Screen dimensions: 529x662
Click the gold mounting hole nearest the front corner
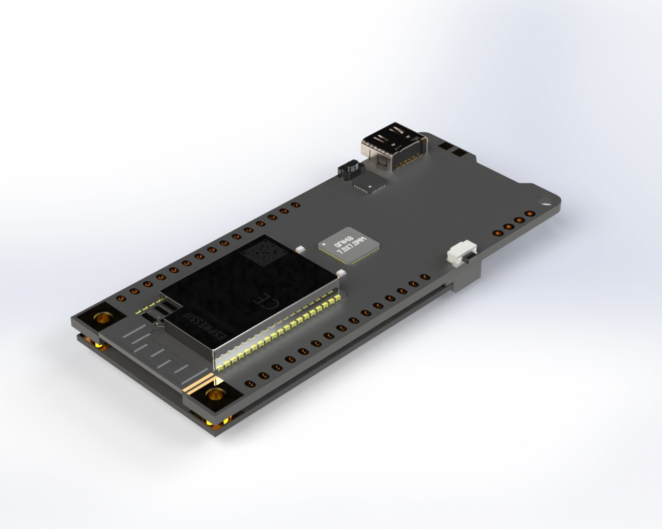214,395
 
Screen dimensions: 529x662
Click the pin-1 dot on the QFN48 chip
324,242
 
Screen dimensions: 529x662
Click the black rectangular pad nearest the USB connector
446,146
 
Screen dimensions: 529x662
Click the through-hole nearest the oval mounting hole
529,214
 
